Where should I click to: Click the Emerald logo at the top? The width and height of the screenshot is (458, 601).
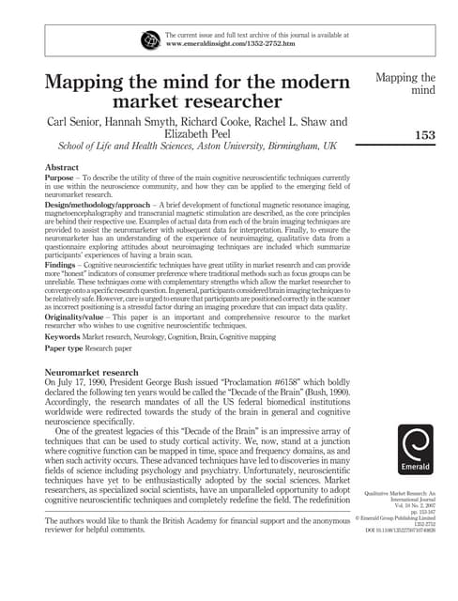click(x=151, y=40)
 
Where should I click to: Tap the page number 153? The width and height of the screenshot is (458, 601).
click(x=425, y=135)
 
